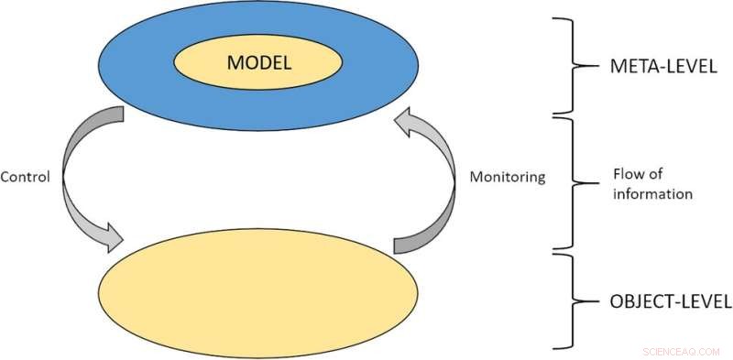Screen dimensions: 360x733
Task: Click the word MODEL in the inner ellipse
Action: click(258, 63)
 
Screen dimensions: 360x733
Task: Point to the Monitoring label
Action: click(508, 177)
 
